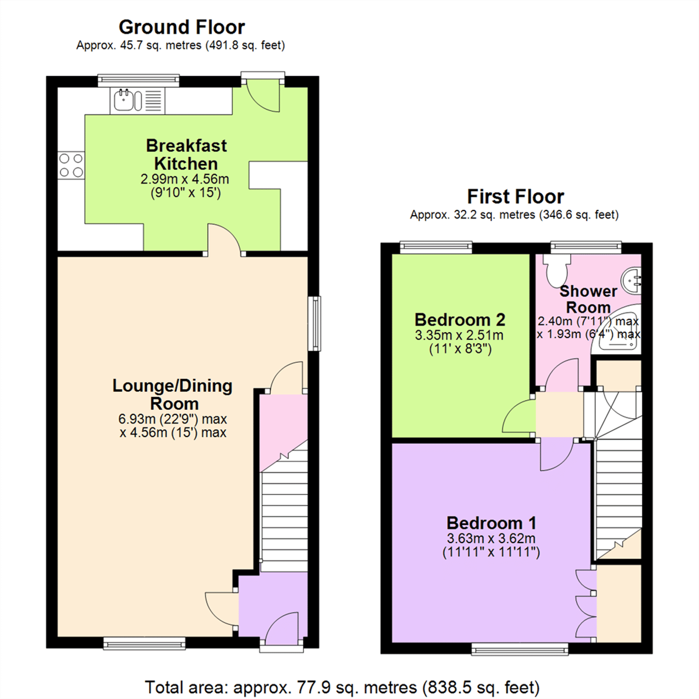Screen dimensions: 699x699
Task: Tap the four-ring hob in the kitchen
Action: click(71, 165)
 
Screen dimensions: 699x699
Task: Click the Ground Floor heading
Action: click(182, 28)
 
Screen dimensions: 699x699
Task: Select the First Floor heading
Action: click(515, 197)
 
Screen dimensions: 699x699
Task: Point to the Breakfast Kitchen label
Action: click(186, 154)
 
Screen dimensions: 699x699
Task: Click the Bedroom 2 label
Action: click(460, 320)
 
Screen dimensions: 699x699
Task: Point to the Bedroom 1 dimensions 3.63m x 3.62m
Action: click(491, 538)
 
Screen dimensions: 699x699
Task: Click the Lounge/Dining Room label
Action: click(173, 394)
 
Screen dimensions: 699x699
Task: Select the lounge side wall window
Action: click(314, 323)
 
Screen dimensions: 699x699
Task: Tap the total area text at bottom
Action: click(342, 687)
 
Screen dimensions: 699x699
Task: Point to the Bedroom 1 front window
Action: click(520, 649)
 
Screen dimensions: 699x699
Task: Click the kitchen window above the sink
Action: click(138, 80)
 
